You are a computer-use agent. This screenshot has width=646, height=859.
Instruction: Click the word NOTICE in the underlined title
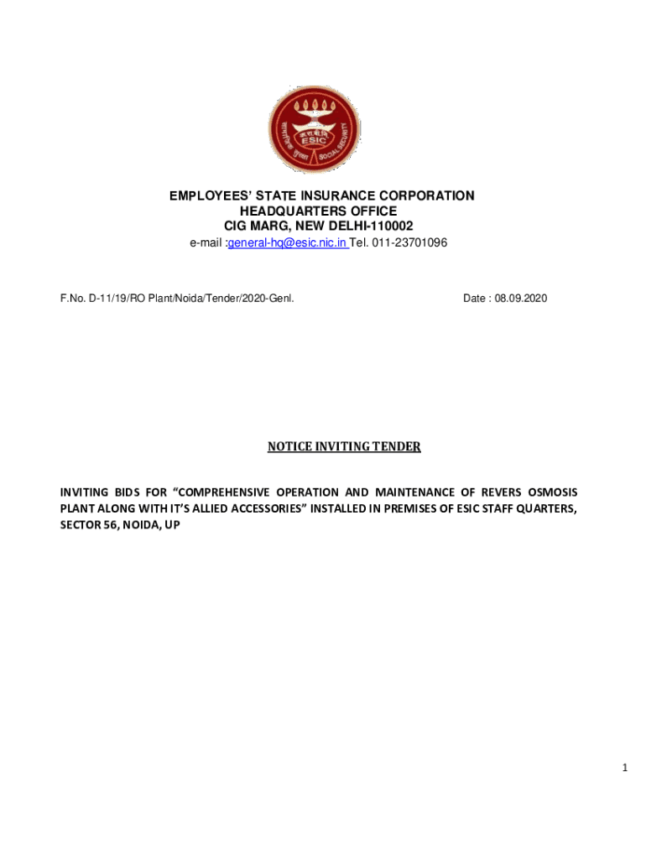coord(290,447)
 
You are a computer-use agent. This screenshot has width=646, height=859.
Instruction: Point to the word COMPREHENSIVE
coord(227,492)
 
